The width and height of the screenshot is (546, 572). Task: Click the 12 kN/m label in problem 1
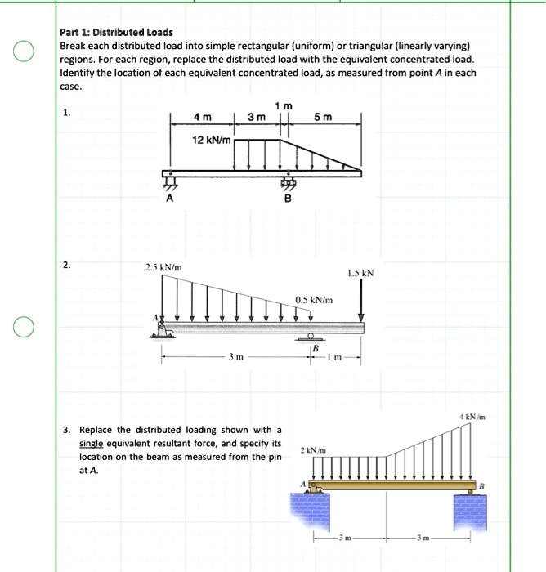[210, 141]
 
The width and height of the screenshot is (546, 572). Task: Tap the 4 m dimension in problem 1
[199, 117]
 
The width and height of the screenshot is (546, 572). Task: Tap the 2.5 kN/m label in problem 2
[163, 267]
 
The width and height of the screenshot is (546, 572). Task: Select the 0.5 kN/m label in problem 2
[314, 301]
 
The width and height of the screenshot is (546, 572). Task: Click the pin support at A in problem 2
[163, 330]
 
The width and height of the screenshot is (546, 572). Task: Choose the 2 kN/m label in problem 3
[313, 450]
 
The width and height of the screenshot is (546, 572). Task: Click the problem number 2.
[67, 265]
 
